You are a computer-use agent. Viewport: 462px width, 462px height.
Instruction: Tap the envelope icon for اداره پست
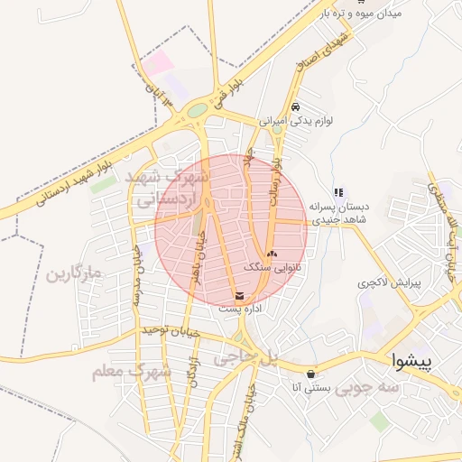coord(239,295)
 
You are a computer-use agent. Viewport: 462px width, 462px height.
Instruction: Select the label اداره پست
coord(239,309)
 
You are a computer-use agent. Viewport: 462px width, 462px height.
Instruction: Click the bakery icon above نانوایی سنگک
coord(272,254)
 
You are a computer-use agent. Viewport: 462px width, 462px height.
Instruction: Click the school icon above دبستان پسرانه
coord(338,192)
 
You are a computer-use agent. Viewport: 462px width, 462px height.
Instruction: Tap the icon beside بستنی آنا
coord(311,374)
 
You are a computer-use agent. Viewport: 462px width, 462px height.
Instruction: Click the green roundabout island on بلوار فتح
coord(197,111)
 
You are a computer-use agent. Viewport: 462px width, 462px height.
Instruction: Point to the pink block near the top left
coord(160,62)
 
